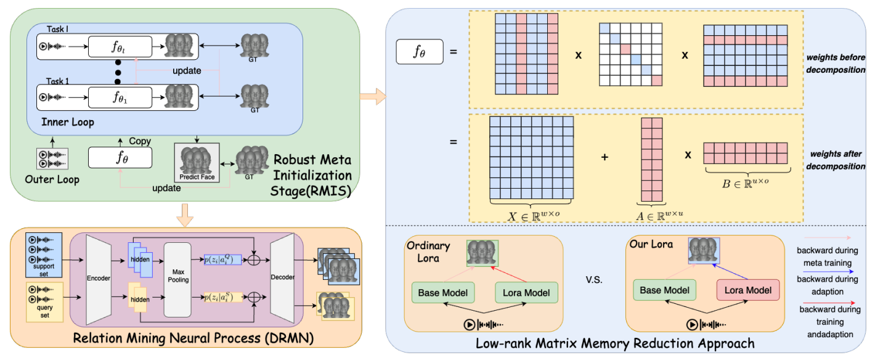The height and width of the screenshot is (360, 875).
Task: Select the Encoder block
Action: pos(99,279)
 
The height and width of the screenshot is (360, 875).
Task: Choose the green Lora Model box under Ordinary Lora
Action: pos(526,292)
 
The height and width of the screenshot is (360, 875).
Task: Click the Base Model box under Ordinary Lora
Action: pos(442,292)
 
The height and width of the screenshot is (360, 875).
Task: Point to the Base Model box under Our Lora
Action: pos(664,289)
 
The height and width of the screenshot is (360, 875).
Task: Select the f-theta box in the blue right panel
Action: pos(419,52)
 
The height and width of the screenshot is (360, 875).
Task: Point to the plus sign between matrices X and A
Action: pos(604,157)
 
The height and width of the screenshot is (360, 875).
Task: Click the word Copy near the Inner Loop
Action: pos(140,141)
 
